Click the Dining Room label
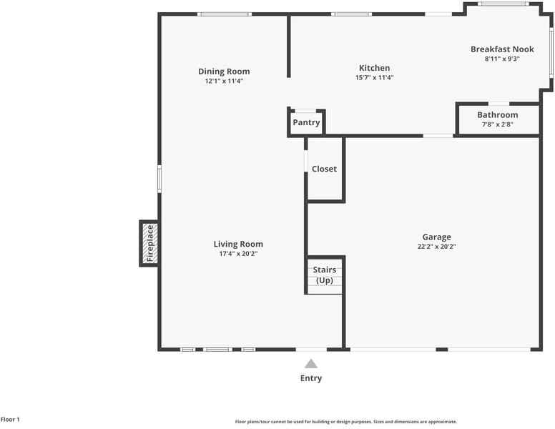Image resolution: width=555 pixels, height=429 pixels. pyautogui.click(x=224, y=71)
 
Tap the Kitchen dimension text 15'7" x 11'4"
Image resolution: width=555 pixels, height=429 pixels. pyautogui.click(x=375, y=77)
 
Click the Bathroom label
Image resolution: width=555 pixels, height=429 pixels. pyautogui.click(x=497, y=115)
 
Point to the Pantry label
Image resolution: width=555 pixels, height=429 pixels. pyautogui.click(x=306, y=122)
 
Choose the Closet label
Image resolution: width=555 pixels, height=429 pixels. pyautogui.click(x=324, y=169)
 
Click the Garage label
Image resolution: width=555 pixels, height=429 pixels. pyautogui.click(x=436, y=237)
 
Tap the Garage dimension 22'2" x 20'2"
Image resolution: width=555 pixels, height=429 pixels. pyautogui.click(x=436, y=247)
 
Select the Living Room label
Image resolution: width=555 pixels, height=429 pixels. pyautogui.click(x=238, y=245)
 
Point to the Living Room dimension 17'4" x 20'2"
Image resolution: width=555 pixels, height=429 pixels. pyautogui.click(x=238, y=254)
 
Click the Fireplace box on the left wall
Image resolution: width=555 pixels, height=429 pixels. pyautogui.click(x=149, y=243)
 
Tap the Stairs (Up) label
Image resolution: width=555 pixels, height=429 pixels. pyautogui.click(x=325, y=275)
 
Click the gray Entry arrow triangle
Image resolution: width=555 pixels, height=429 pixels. pyautogui.click(x=311, y=364)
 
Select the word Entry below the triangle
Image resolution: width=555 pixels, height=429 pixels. pyautogui.click(x=311, y=378)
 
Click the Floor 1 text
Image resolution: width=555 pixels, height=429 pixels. pyautogui.click(x=10, y=420)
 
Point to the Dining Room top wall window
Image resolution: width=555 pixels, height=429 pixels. pyautogui.click(x=225, y=14)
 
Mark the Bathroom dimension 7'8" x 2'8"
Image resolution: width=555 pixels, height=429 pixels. pyautogui.click(x=497, y=124)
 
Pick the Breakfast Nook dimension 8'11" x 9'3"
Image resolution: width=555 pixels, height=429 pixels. pyautogui.click(x=502, y=59)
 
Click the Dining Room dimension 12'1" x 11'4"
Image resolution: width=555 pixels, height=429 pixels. pyautogui.click(x=224, y=81)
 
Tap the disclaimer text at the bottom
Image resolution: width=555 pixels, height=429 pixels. pyautogui.click(x=346, y=422)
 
